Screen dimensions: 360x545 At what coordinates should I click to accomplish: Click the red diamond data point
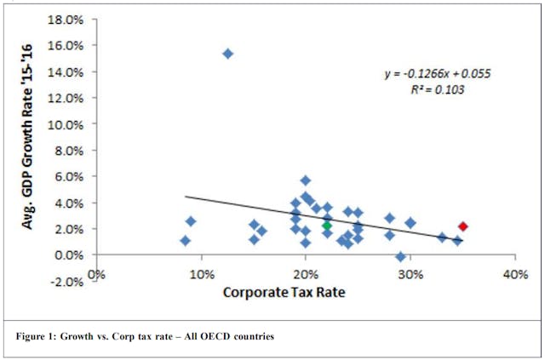(463, 226)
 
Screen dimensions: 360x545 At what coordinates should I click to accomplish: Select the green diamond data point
(327, 226)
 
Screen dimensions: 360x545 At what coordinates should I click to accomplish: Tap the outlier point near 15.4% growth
(227, 53)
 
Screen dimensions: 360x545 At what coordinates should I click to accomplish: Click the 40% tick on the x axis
(515, 274)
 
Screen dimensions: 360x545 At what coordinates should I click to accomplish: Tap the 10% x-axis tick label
(201, 274)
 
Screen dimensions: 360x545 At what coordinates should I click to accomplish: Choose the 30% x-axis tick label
(410, 274)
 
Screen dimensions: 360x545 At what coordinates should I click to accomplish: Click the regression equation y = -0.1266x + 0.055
(437, 74)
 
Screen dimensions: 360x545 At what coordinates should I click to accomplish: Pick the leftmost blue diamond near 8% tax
(186, 241)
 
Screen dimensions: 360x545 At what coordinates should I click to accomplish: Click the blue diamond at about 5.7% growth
(306, 180)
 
